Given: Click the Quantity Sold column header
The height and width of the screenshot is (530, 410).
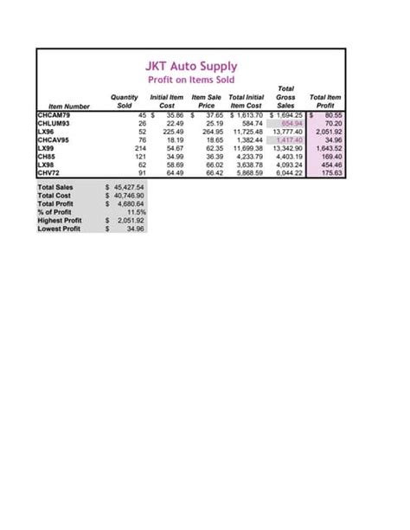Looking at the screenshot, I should coord(125,101).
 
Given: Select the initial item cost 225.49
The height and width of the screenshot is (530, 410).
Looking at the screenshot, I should coord(171,132).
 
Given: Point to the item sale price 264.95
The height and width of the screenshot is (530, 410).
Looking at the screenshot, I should coord(212,132).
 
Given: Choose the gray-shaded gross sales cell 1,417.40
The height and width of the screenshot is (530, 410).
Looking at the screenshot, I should coord(286,139).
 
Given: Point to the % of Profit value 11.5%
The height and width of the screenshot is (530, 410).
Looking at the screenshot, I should coord(135,212).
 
